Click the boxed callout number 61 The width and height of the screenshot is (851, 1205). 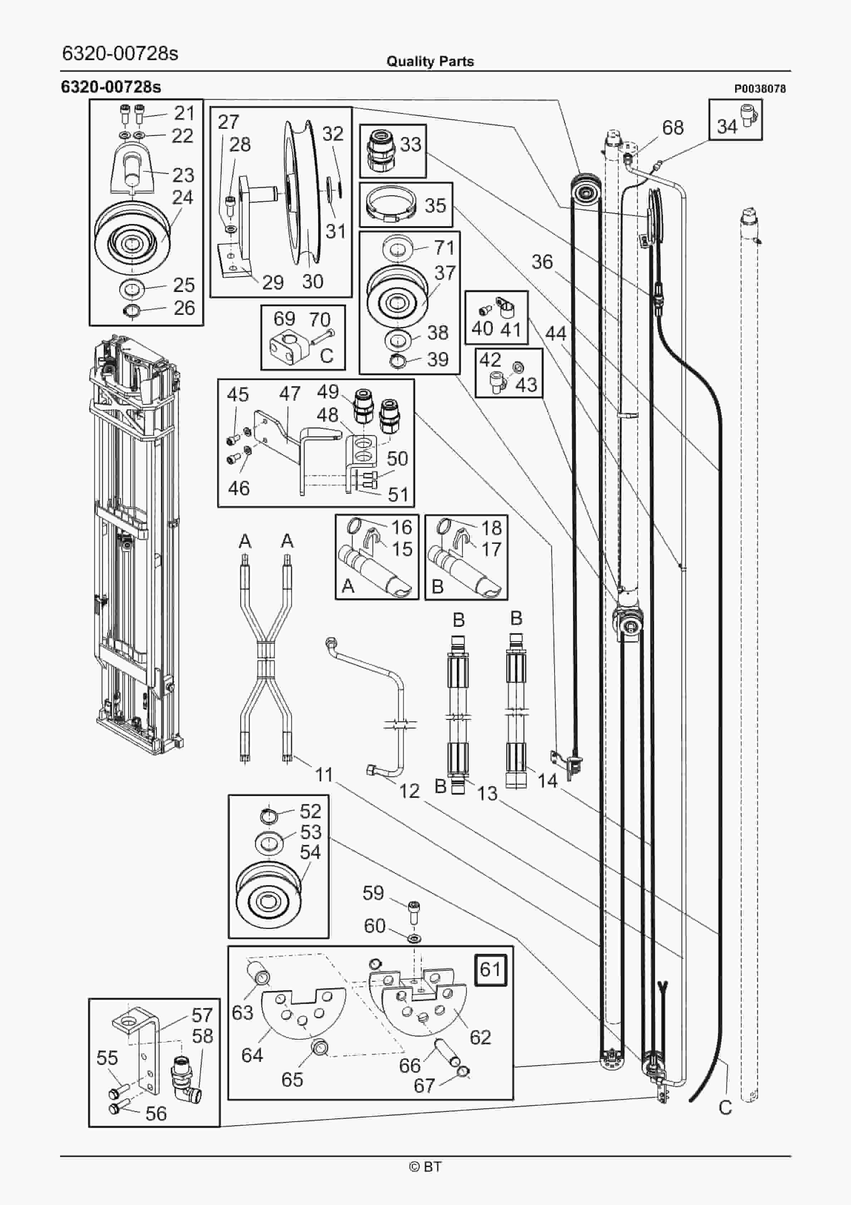click(x=490, y=969)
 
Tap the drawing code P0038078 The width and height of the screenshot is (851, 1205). click(x=760, y=89)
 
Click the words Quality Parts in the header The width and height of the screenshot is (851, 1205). click(x=430, y=62)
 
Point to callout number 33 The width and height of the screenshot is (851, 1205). click(x=410, y=144)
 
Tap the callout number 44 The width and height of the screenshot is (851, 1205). click(x=556, y=333)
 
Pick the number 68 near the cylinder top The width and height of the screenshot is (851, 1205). click(x=673, y=127)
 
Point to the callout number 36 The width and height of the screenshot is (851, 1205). click(x=542, y=262)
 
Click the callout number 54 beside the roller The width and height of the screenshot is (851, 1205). click(x=310, y=852)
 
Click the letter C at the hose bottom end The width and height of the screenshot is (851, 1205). click(x=725, y=1107)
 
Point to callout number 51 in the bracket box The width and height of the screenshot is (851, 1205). click(x=398, y=494)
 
